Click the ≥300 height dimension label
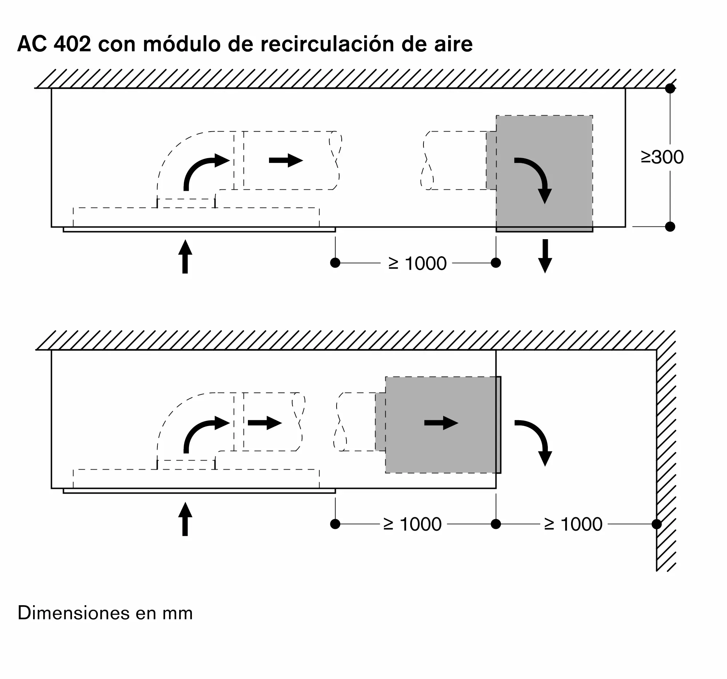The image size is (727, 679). coord(662,157)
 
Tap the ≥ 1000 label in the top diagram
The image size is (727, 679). coord(417,263)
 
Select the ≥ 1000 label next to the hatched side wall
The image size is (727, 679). coord(573,524)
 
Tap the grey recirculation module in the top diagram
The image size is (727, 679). coord(544,174)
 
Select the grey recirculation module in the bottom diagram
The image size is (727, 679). coord(438,425)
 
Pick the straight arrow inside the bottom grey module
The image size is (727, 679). coord(441,423)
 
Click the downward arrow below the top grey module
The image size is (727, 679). coord(545,256)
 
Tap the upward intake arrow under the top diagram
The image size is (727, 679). coord(185,256)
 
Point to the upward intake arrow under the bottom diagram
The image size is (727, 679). coord(185,519)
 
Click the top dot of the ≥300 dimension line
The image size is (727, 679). coord(670,88)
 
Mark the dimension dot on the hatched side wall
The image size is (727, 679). coord(656,524)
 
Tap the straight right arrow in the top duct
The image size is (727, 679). coord(286,160)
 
